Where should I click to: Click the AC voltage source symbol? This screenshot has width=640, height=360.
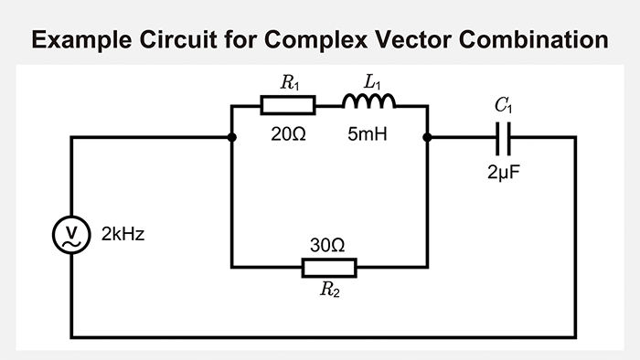click(70, 235)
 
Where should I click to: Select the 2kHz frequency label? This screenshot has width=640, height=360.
click(123, 235)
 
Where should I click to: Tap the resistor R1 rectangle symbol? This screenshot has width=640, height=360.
click(288, 106)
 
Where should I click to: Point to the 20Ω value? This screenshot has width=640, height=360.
click(288, 133)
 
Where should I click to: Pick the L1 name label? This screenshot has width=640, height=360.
click(372, 83)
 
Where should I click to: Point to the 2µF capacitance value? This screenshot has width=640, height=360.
click(506, 171)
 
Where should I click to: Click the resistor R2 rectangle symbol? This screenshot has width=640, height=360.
click(329, 267)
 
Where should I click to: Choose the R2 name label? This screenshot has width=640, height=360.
click(329, 292)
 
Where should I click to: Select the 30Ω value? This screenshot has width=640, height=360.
click(328, 245)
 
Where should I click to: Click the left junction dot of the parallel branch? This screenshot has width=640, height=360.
click(232, 138)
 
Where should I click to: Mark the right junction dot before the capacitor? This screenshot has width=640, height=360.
click(428, 138)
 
